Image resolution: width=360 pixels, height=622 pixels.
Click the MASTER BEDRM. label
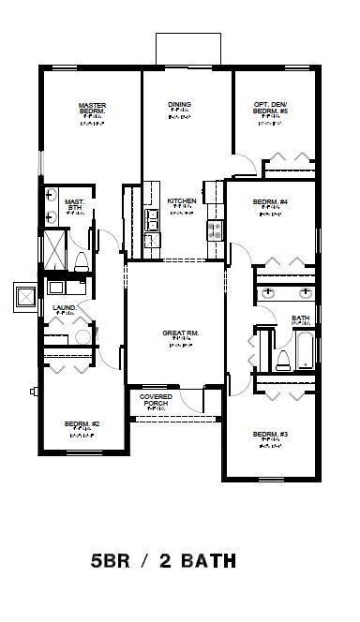click(91, 109)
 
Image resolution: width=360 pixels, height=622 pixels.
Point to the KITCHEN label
click(180, 201)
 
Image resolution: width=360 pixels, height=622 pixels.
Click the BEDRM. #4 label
click(270, 201)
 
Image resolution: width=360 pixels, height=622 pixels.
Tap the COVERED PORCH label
click(156, 400)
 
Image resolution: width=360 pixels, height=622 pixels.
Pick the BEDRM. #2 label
click(82, 424)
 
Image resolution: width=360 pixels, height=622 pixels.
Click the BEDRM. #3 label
click(270, 434)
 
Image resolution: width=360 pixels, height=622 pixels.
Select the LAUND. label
click(52, 306)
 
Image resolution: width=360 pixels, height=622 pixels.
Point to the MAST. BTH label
click(75, 204)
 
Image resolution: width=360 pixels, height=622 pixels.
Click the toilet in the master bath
click(81, 259)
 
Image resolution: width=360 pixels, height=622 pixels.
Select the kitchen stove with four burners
click(215, 228)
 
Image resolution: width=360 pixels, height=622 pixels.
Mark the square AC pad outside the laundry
click(23, 297)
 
